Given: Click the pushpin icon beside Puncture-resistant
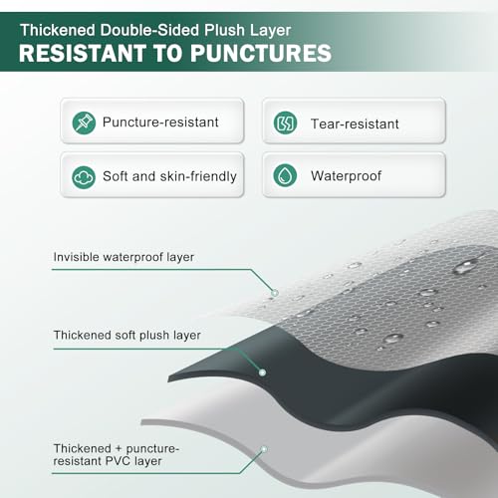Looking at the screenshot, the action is pyautogui.click(x=84, y=123).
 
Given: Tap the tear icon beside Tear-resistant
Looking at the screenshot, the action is pyautogui.click(x=285, y=123).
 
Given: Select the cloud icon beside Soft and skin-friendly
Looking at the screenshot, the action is pyautogui.click(x=84, y=177).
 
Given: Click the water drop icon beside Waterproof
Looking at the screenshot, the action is pyautogui.click(x=285, y=175).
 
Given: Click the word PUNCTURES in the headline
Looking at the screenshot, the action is pyautogui.click(x=261, y=53).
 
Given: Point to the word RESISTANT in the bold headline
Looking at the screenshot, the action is pyautogui.click(x=83, y=53).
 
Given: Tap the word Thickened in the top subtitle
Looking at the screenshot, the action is pyautogui.click(x=58, y=30).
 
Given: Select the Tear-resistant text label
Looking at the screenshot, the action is pyautogui.click(x=355, y=124).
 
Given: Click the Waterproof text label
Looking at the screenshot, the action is pyautogui.click(x=346, y=176).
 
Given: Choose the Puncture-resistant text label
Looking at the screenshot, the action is pyautogui.click(x=160, y=123).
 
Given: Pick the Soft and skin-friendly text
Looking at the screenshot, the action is pyautogui.click(x=169, y=176).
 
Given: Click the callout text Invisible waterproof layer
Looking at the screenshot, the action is pyautogui.click(x=124, y=257).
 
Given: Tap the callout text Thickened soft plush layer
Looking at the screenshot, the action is pyautogui.click(x=127, y=335).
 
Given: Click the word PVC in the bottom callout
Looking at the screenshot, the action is pyautogui.click(x=119, y=461).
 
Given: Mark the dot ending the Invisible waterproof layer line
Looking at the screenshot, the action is pyautogui.click(x=275, y=293).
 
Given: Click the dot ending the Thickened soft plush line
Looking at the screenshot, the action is pyautogui.click(x=262, y=373).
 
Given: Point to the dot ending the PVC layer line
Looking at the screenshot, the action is pyautogui.click(x=264, y=449).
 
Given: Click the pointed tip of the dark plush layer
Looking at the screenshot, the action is pyautogui.click(x=168, y=378).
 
